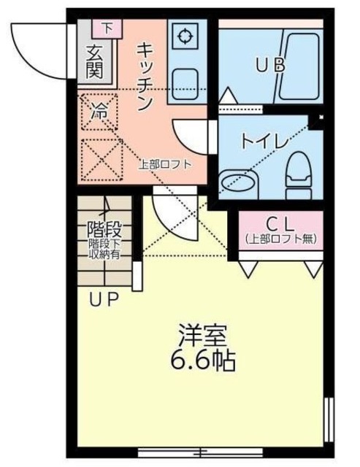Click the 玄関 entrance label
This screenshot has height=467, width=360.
94,61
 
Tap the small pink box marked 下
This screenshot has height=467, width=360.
107,28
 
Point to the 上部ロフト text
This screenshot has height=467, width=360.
165,164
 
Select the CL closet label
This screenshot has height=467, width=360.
280,223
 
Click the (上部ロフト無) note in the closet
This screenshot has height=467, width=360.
280,238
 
